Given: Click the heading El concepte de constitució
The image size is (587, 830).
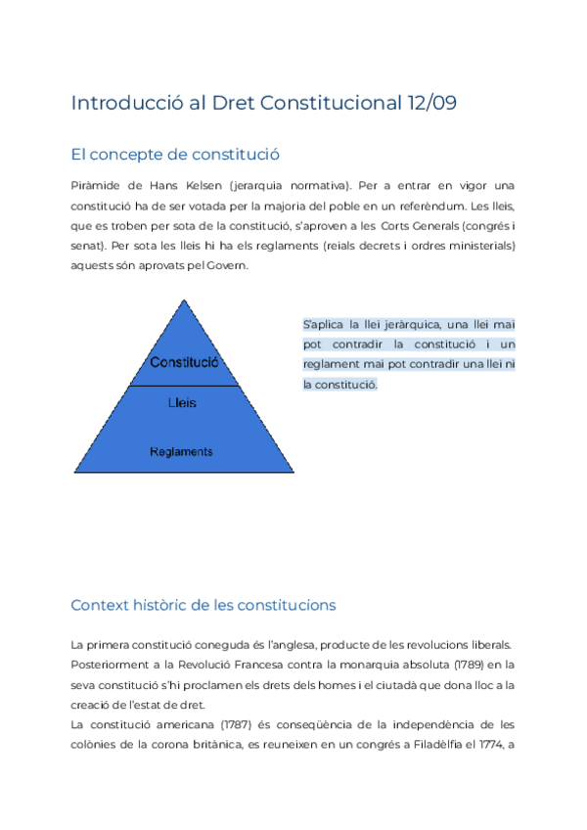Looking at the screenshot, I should coord(175,154).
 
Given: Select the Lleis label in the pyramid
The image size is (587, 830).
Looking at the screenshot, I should coord(182,402).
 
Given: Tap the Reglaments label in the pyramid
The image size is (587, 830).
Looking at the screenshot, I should coord(181,451).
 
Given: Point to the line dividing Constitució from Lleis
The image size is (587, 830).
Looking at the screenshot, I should coord(183,386).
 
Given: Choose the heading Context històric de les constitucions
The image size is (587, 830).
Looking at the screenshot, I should coord(203,605).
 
